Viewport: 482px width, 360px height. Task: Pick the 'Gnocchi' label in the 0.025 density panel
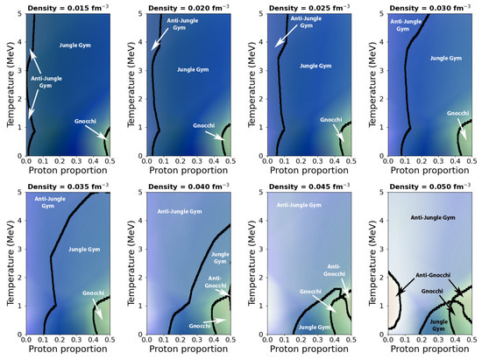tap(330, 120)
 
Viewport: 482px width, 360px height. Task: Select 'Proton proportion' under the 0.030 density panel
tap(423, 173)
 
